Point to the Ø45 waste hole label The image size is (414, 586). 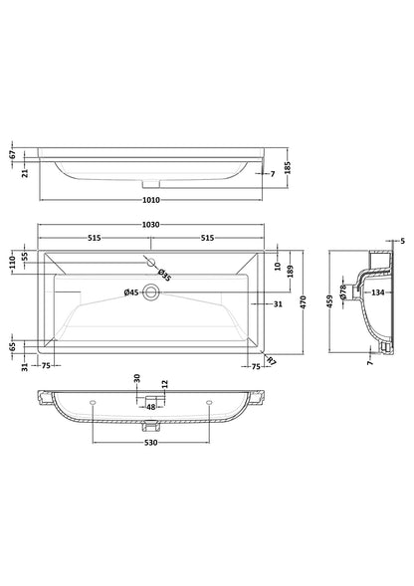point(129,292)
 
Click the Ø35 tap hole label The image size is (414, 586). point(164,276)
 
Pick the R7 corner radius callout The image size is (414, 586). point(272,374)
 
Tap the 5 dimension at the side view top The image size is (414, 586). point(402,241)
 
